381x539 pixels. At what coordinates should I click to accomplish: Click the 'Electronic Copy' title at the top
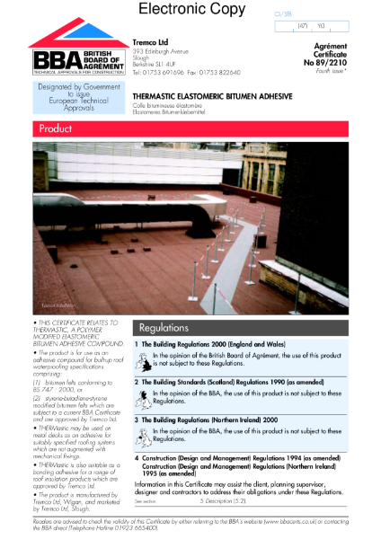tap(190, 11)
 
